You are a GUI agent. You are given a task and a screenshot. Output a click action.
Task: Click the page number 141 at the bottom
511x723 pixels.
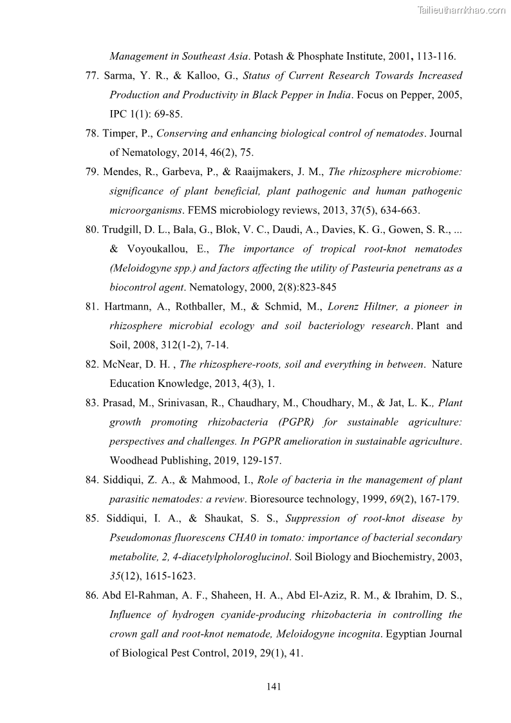tap(274, 686)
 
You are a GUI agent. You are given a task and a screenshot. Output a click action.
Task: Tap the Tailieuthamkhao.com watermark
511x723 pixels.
tap(461, 10)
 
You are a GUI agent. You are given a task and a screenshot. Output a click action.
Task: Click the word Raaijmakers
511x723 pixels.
tap(286, 172)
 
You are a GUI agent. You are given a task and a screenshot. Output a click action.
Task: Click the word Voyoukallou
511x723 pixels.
tap(163, 249)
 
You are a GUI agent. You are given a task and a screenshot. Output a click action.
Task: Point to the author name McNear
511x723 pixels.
tap(121, 364)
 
